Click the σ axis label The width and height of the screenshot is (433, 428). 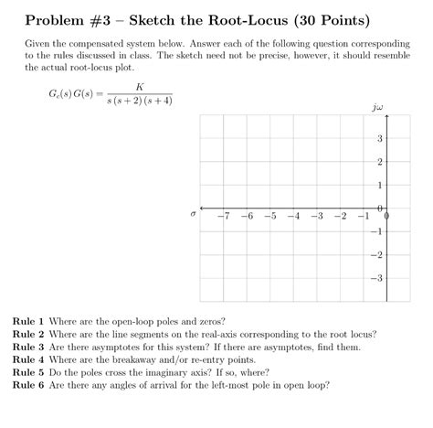tap(193, 216)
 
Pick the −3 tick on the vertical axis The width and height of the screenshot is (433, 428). tap(377, 278)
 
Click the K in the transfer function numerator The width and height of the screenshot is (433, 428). tap(139, 87)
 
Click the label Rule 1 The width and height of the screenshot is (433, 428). tap(27, 322)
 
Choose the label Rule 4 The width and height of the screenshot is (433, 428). tap(27, 359)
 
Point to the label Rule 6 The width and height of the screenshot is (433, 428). tap(27, 384)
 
